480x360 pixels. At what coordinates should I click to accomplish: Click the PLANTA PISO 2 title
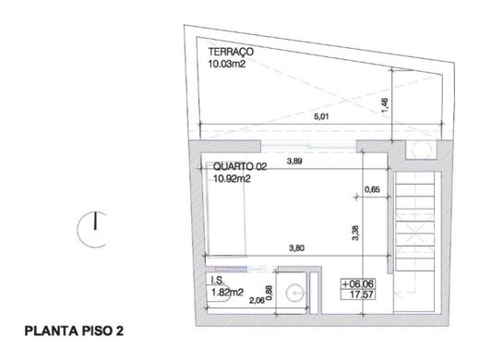[74, 331]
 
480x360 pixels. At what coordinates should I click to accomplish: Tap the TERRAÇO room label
[231, 52]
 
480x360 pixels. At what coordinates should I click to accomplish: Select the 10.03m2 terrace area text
[227, 64]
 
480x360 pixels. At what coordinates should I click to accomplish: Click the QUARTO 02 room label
[240, 167]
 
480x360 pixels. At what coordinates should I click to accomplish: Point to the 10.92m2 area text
[232, 178]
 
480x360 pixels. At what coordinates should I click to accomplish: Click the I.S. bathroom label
[218, 280]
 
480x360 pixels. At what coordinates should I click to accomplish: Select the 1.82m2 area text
[227, 293]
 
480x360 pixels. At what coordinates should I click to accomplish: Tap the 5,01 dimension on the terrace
[321, 117]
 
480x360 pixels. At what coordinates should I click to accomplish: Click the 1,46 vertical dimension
[385, 105]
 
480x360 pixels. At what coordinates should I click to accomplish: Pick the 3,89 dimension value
[294, 161]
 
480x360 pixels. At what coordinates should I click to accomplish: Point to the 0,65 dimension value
[372, 189]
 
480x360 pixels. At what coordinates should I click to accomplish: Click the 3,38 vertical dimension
[354, 233]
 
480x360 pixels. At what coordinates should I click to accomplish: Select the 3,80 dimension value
[297, 248]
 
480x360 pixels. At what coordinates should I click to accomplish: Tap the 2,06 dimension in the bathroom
[257, 300]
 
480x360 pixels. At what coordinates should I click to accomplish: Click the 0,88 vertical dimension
[269, 293]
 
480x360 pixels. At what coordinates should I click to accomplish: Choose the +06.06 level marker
[358, 283]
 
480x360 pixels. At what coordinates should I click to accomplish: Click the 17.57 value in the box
[362, 294]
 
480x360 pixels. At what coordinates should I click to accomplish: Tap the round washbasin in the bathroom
[295, 293]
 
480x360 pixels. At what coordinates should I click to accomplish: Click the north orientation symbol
[92, 229]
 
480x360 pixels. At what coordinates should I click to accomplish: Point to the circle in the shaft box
[421, 150]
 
